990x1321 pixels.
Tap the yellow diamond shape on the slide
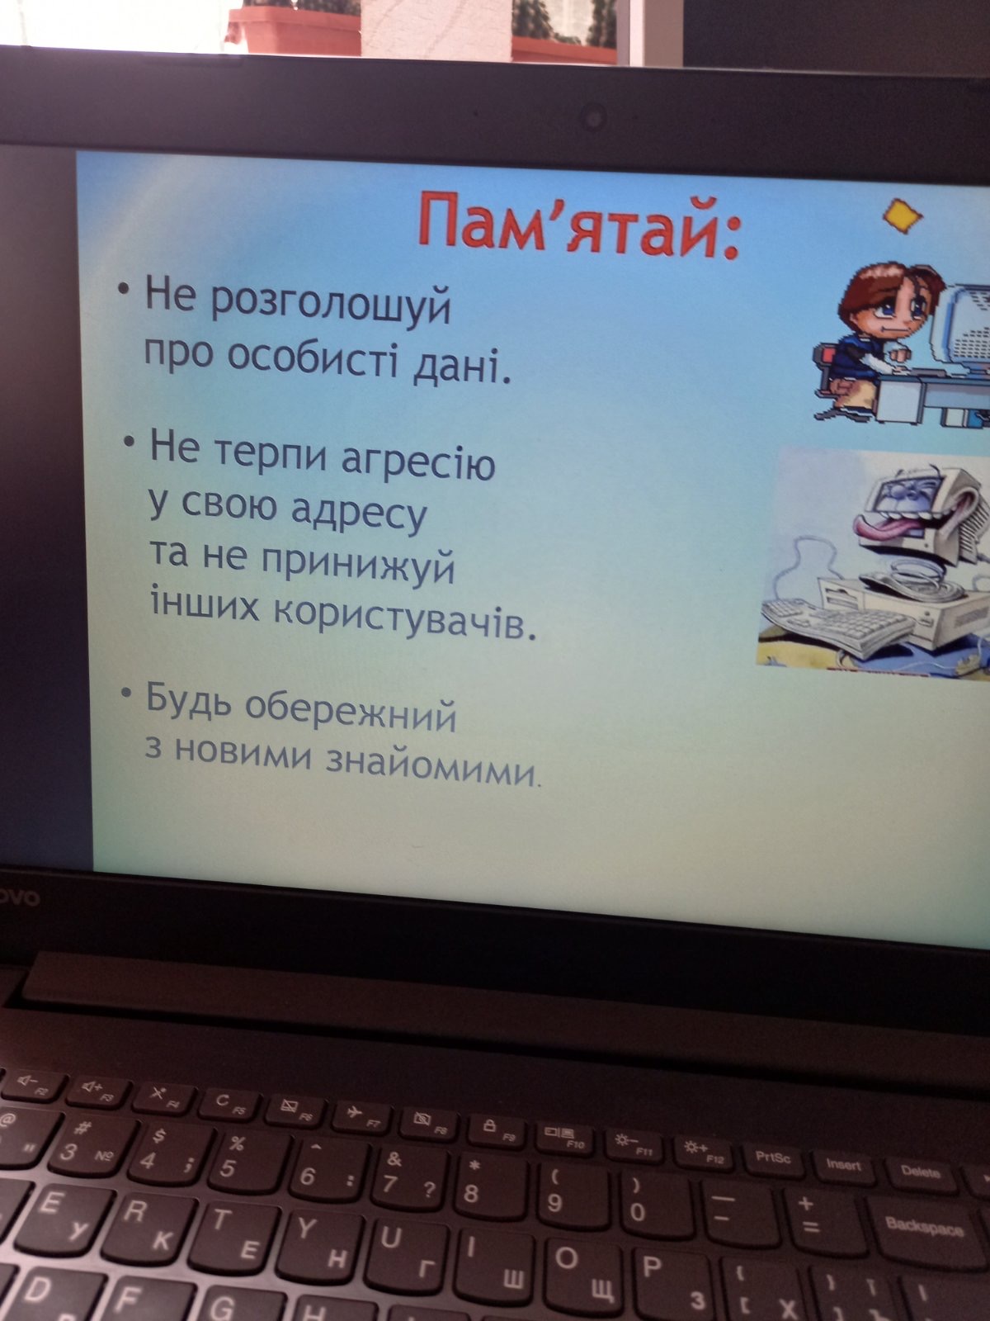903,216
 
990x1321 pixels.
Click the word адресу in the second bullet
358,514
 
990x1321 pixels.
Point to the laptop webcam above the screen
594,118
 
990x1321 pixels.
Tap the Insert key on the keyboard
844,1165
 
